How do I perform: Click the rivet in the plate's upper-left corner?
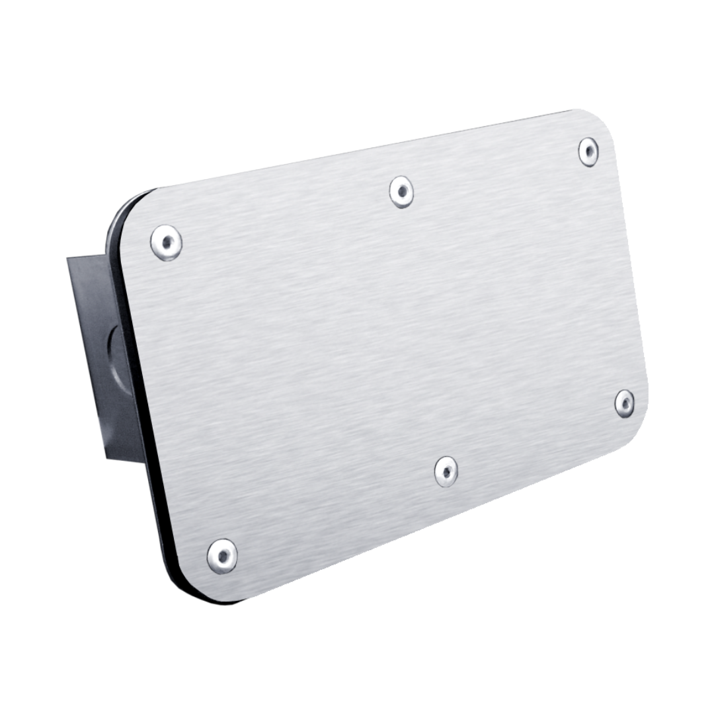(166, 242)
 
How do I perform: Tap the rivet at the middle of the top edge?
(401, 192)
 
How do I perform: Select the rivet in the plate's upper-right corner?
(588, 151)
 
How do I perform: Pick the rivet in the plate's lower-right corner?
(624, 403)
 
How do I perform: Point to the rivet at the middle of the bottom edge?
(446, 471)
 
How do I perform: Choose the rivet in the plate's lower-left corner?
(222, 555)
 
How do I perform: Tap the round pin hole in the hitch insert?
(118, 357)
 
